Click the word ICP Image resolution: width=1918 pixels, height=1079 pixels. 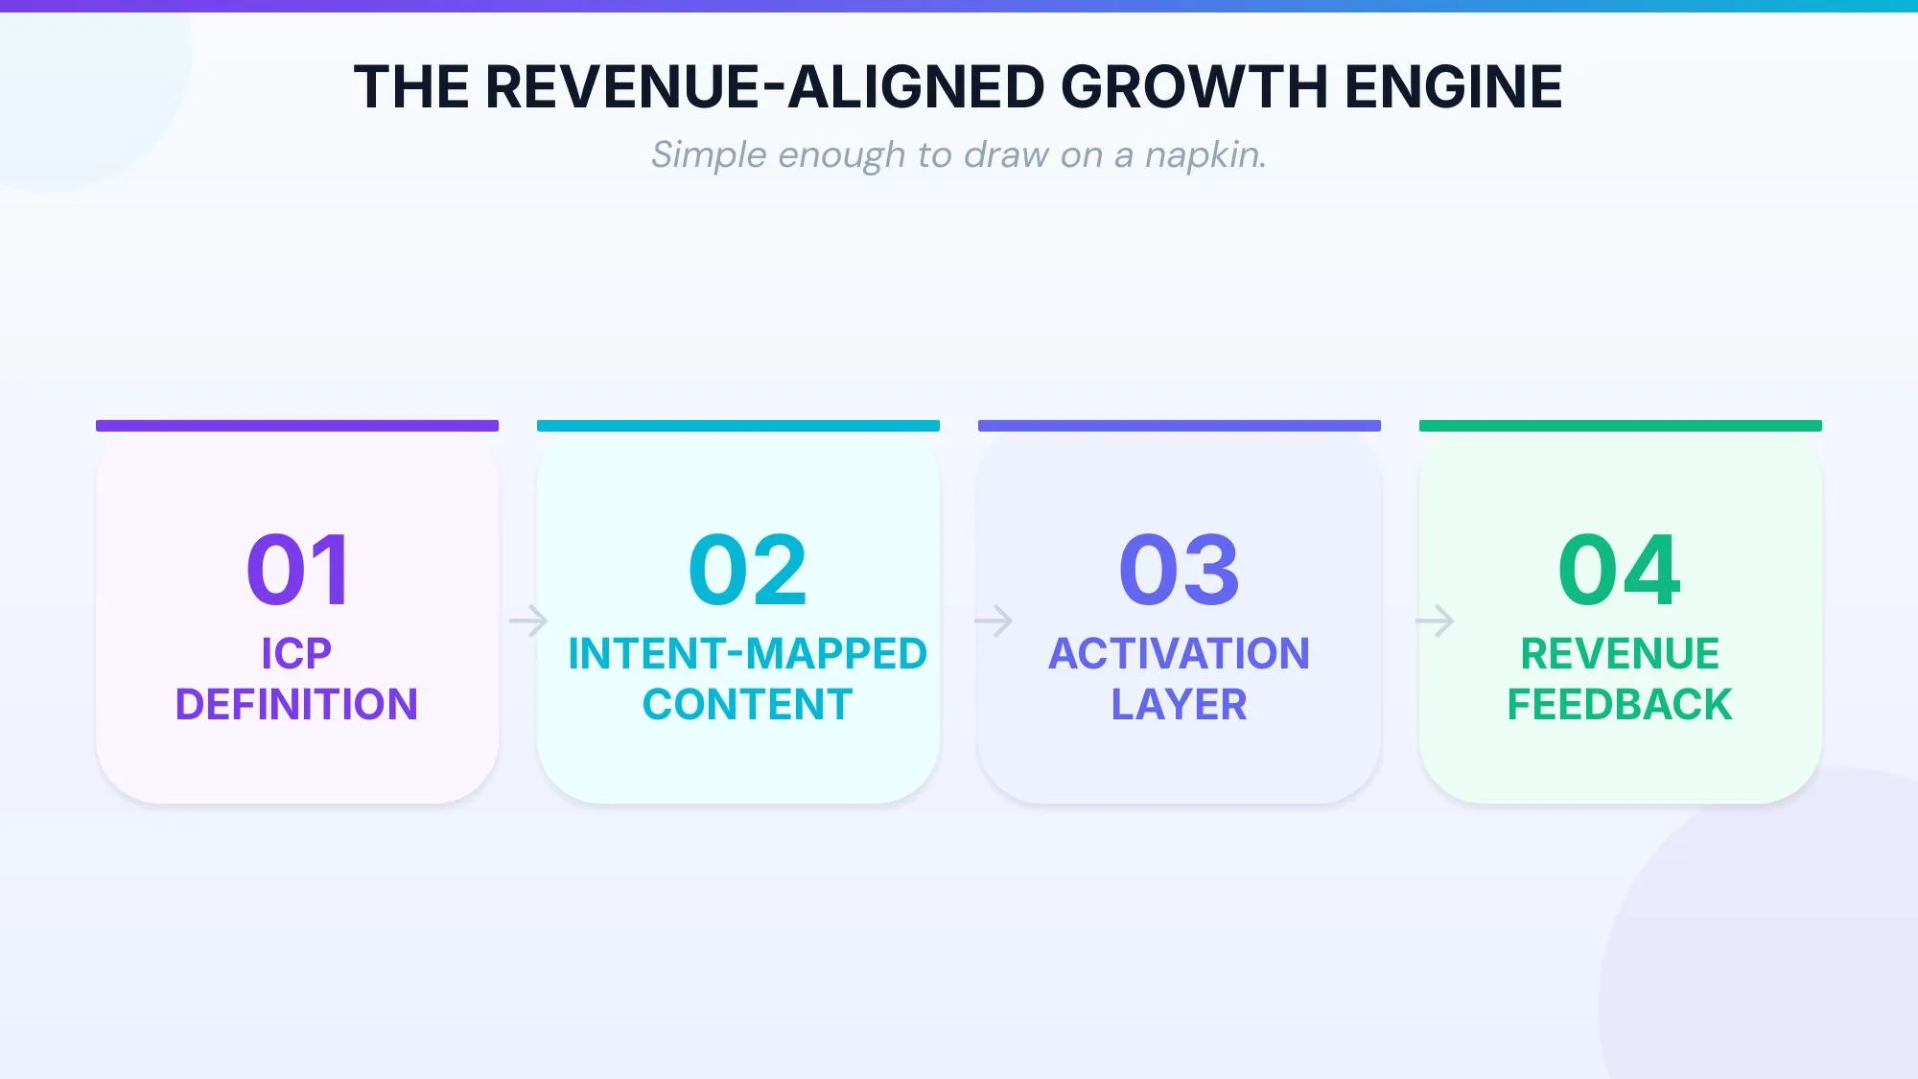tap(296, 654)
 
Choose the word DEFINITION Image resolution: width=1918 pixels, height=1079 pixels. tap(296, 705)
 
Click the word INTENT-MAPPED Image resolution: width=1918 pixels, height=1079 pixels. tap(747, 654)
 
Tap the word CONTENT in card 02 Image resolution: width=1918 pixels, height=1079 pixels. tap(747, 705)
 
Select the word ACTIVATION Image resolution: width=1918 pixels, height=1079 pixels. tap(1179, 654)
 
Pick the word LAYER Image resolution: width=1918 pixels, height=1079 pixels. tap(1179, 705)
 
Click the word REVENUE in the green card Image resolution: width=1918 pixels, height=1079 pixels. tap(1620, 654)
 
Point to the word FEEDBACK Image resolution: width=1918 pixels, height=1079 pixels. tap(1620, 705)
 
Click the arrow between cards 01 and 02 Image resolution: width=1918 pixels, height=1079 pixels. tap(528, 621)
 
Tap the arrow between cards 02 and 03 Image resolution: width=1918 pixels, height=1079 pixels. tap(994, 621)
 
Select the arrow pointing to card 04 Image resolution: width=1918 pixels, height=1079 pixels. tap(1435, 621)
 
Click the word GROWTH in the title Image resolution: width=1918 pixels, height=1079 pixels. tap(1194, 87)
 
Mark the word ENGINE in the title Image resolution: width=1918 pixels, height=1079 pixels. tap(1453, 87)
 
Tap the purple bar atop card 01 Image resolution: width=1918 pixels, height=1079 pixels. tap(297, 426)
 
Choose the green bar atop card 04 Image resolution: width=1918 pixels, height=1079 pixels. tap(1621, 426)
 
